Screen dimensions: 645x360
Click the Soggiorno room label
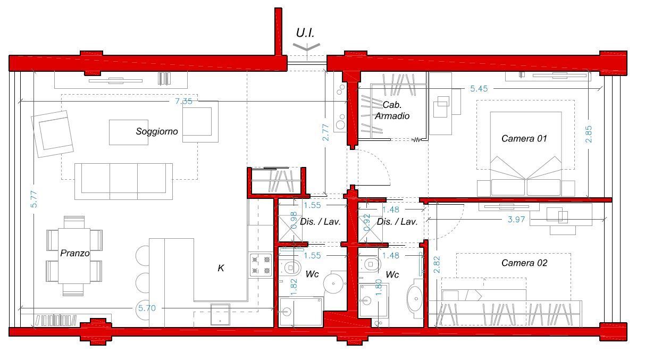point(157,132)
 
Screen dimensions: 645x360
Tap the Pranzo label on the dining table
point(74,253)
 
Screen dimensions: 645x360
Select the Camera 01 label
point(524,139)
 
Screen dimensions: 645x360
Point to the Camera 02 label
point(524,263)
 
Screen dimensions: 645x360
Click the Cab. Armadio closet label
point(392,110)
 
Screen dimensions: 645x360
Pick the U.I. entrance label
point(305,33)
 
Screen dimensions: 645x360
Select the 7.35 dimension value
point(183,102)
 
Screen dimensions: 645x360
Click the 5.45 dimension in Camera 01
point(479,89)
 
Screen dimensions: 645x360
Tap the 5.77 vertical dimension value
point(34,199)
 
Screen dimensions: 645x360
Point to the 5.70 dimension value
point(147,308)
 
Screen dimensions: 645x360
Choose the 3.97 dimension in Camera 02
point(516,220)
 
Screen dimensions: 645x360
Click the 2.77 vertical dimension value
point(325,132)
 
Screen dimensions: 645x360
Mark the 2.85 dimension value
point(589,134)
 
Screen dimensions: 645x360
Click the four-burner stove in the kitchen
point(261,265)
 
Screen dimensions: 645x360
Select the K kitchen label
point(221,268)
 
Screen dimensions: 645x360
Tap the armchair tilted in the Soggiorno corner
point(53,134)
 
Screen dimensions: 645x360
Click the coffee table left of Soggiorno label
point(129,132)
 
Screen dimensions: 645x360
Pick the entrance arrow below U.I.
point(307,48)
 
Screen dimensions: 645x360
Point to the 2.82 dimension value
point(437,265)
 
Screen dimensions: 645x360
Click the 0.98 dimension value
point(294,221)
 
